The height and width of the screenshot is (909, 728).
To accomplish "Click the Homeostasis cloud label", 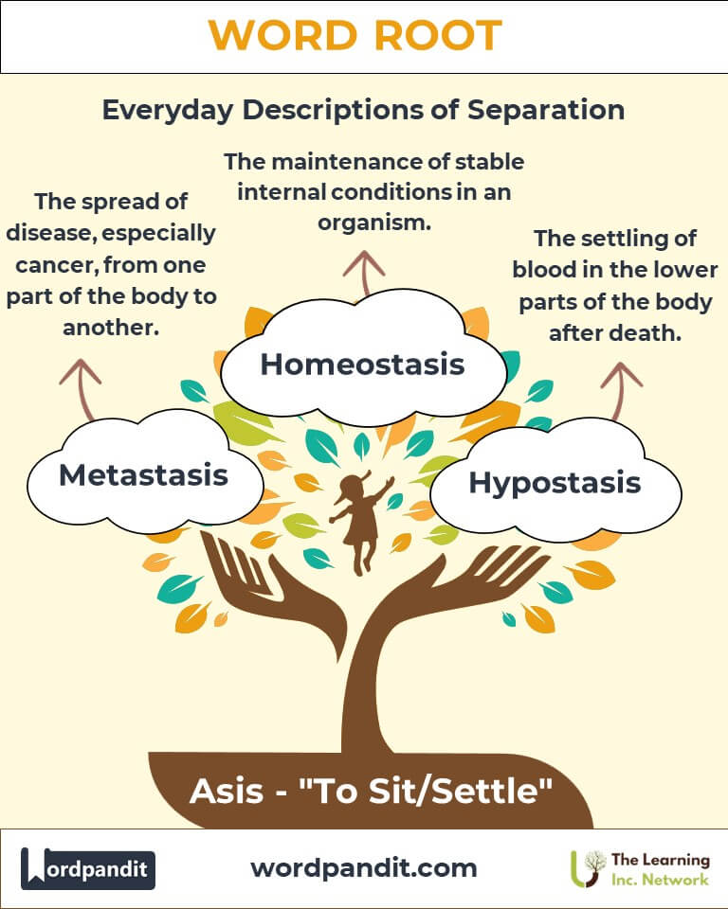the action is pos(362,364).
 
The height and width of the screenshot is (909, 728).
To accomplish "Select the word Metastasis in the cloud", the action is pos(143,474).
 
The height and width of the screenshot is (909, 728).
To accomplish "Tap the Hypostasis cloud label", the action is pos(555,483).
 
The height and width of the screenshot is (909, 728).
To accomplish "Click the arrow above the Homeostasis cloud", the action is pos(364,273).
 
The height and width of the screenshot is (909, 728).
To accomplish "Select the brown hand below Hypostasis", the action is pos(459,585).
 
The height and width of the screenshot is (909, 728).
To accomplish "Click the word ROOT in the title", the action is pos(438,35).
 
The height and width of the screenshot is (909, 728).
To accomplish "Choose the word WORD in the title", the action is pos(282,35).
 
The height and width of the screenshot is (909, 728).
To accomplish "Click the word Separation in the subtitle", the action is pos(546,110).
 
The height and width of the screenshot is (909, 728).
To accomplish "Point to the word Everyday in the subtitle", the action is pos(167,110).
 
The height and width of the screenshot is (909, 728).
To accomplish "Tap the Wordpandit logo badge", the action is pos(88,868).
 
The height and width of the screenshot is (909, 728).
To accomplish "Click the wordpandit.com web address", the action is pos(364,868).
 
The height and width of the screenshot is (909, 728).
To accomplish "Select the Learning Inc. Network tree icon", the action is pos(588,868).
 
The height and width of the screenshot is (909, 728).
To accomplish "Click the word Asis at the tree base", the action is pos(227,791).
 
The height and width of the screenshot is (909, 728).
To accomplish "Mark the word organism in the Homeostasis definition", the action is pos(373,223).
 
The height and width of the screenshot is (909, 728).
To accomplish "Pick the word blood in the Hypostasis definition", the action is pos(556,270).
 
